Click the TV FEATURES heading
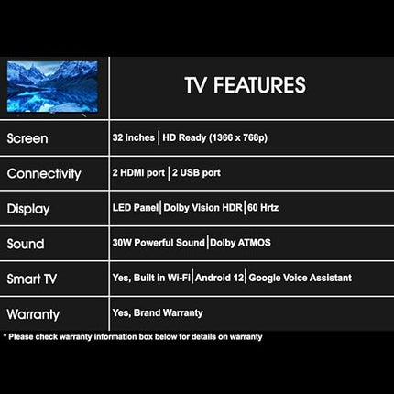[245, 85]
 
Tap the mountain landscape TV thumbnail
[52, 87]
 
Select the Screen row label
[27, 138]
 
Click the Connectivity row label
[44, 173]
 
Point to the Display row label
[28, 209]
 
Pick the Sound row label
[26, 244]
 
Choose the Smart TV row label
[34, 279]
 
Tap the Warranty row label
[33, 314]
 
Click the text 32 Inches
[132, 137]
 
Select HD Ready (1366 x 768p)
[215, 137]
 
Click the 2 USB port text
[196, 172]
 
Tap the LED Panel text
[135, 208]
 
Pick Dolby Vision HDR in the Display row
[202, 208]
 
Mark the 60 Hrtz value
[263, 208]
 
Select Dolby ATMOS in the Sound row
[240, 243]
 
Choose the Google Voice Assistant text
[300, 278]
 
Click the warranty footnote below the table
[134, 337]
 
